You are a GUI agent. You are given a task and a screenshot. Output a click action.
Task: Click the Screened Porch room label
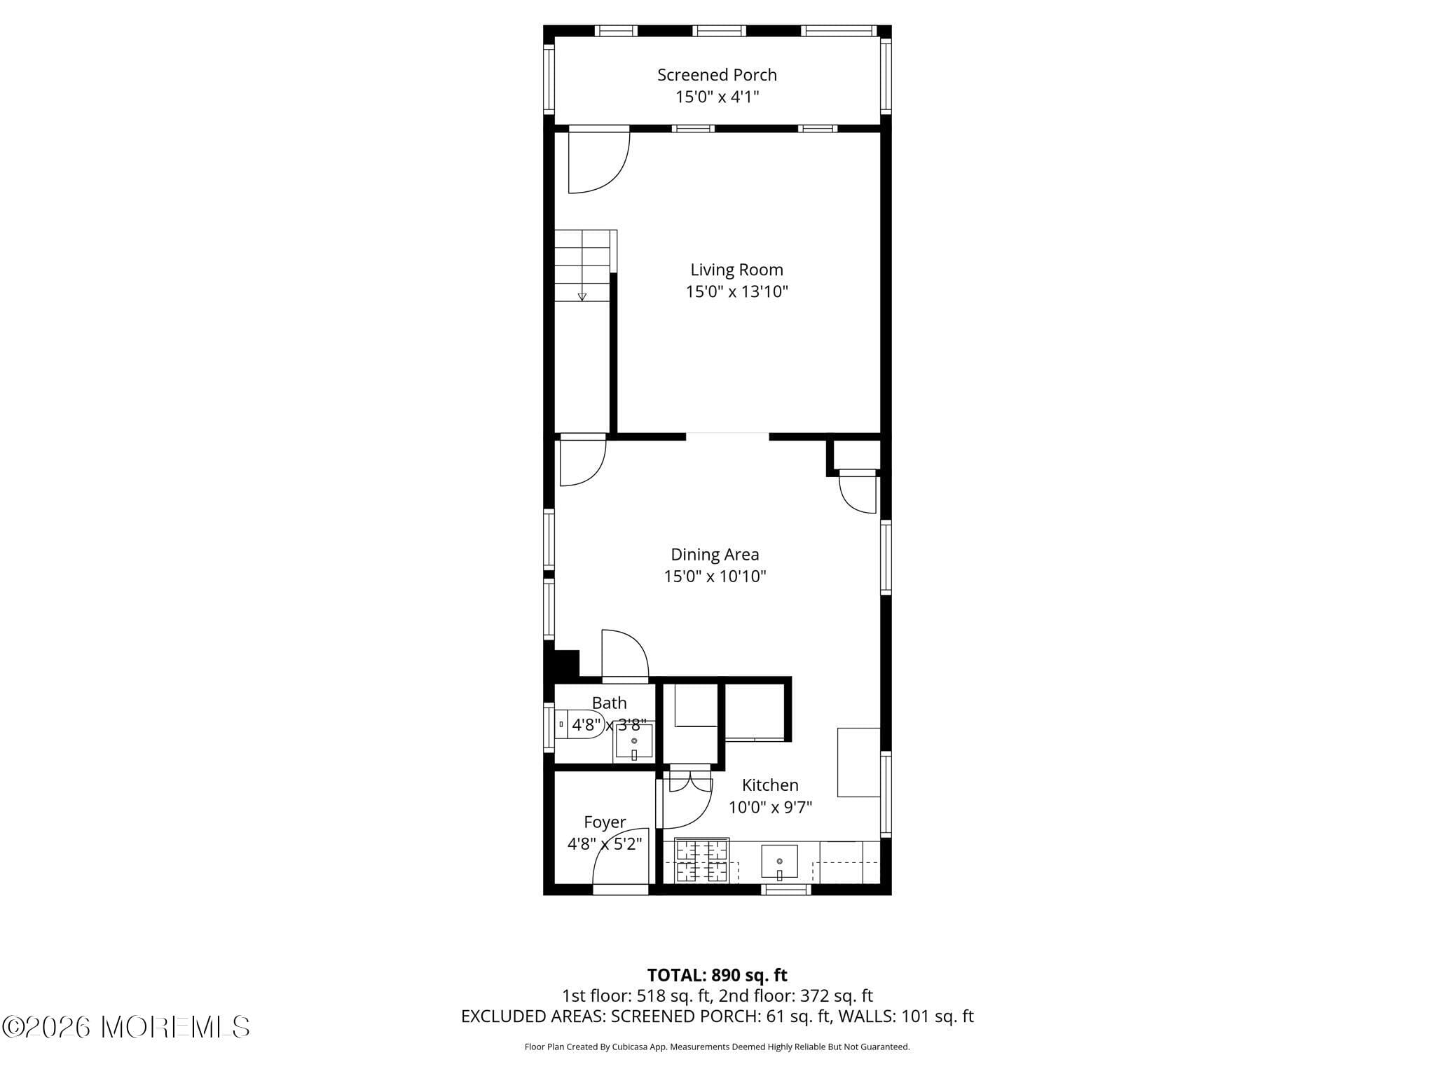(x=717, y=74)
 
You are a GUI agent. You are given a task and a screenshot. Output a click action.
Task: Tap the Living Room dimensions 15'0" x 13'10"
(x=736, y=291)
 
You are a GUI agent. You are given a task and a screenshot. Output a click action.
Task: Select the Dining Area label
(x=715, y=554)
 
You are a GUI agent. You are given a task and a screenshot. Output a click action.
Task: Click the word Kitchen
(x=770, y=785)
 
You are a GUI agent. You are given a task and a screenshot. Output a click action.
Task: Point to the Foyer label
(x=605, y=822)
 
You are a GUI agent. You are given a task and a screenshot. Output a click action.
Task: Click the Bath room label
(x=609, y=703)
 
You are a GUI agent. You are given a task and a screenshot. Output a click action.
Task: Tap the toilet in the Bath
(x=579, y=724)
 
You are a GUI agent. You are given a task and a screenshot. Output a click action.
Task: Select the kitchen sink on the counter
(x=779, y=862)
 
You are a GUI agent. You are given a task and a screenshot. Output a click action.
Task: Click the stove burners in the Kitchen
(x=702, y=862)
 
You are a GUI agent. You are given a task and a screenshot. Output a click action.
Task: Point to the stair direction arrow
(x=582, y=296)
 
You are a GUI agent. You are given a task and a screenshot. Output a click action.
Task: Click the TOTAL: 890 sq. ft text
(x=717, y=975)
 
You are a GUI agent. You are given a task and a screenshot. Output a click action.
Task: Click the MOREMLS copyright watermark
(x=125, y=1027)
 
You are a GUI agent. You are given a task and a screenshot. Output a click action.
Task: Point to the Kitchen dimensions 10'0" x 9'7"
(x=770, y=808)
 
